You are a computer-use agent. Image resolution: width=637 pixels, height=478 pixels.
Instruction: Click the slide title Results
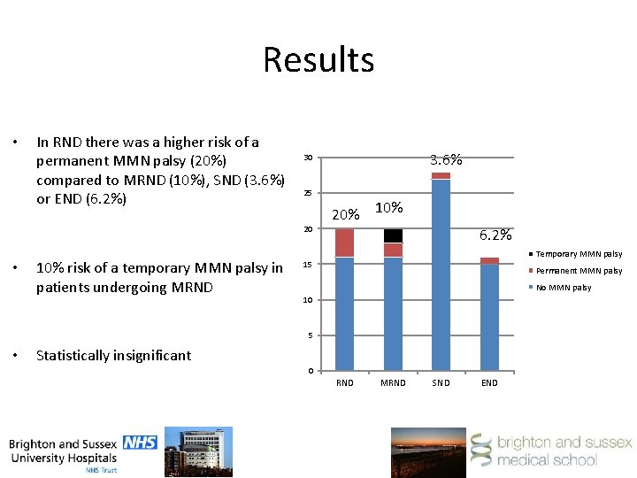(x=318, y=60)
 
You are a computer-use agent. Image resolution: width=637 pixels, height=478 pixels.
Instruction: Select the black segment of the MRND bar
(x=393, y=235)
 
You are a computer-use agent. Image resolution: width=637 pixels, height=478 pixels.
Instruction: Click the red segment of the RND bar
(x=344, y=243)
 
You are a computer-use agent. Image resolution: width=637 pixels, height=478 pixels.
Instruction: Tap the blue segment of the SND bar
(x=441, y=274)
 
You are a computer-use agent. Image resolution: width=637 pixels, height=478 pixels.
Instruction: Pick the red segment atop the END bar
(x=489, y=260)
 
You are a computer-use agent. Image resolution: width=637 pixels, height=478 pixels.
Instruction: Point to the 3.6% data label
(x=446, y=160)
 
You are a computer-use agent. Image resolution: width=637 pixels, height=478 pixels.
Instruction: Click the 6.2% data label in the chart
(x=495, y=235)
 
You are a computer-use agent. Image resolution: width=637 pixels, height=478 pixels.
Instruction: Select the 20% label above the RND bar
(x=345, y=215)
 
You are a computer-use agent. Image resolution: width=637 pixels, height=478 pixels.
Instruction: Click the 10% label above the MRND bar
(x=388, y=207)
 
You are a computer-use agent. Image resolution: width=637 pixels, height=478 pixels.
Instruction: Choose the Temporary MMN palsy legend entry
(x=579, y=254)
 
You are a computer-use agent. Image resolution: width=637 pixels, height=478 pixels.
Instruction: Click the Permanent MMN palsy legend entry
(x=579, y=271)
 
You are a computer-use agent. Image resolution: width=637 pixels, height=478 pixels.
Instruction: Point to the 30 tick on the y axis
(x=308, y=158)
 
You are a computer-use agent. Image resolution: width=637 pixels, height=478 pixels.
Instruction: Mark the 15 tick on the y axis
(x=308, y=265)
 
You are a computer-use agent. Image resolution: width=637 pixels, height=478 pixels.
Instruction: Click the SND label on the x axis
(x=441, y=383)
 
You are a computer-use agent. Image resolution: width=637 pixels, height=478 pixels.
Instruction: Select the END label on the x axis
(x=489, y=383)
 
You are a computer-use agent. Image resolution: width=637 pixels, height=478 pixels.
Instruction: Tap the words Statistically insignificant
(x=113, y=356)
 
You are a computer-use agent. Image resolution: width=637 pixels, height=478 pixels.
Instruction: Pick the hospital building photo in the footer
(x=205, y=451)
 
